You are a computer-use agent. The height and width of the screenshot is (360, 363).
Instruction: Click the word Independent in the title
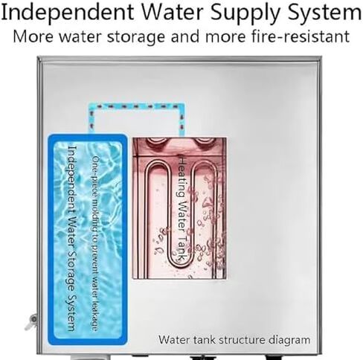(68, 13)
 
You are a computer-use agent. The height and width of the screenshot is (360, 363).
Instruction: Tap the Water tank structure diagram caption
(234, 339)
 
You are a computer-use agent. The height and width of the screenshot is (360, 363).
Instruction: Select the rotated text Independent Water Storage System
(71, 238)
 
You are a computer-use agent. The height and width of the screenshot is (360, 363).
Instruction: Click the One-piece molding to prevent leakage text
(94, 243)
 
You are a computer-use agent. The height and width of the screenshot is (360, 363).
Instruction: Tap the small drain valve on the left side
(32, 321)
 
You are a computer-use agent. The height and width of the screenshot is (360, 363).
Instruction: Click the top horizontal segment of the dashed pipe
(137, 106)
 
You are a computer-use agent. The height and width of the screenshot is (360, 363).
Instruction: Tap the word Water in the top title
(173, 12)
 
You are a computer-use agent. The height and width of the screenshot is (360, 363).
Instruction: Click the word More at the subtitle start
(33, 36)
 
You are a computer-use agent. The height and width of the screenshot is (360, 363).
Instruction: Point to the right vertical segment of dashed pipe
(181, 120)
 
